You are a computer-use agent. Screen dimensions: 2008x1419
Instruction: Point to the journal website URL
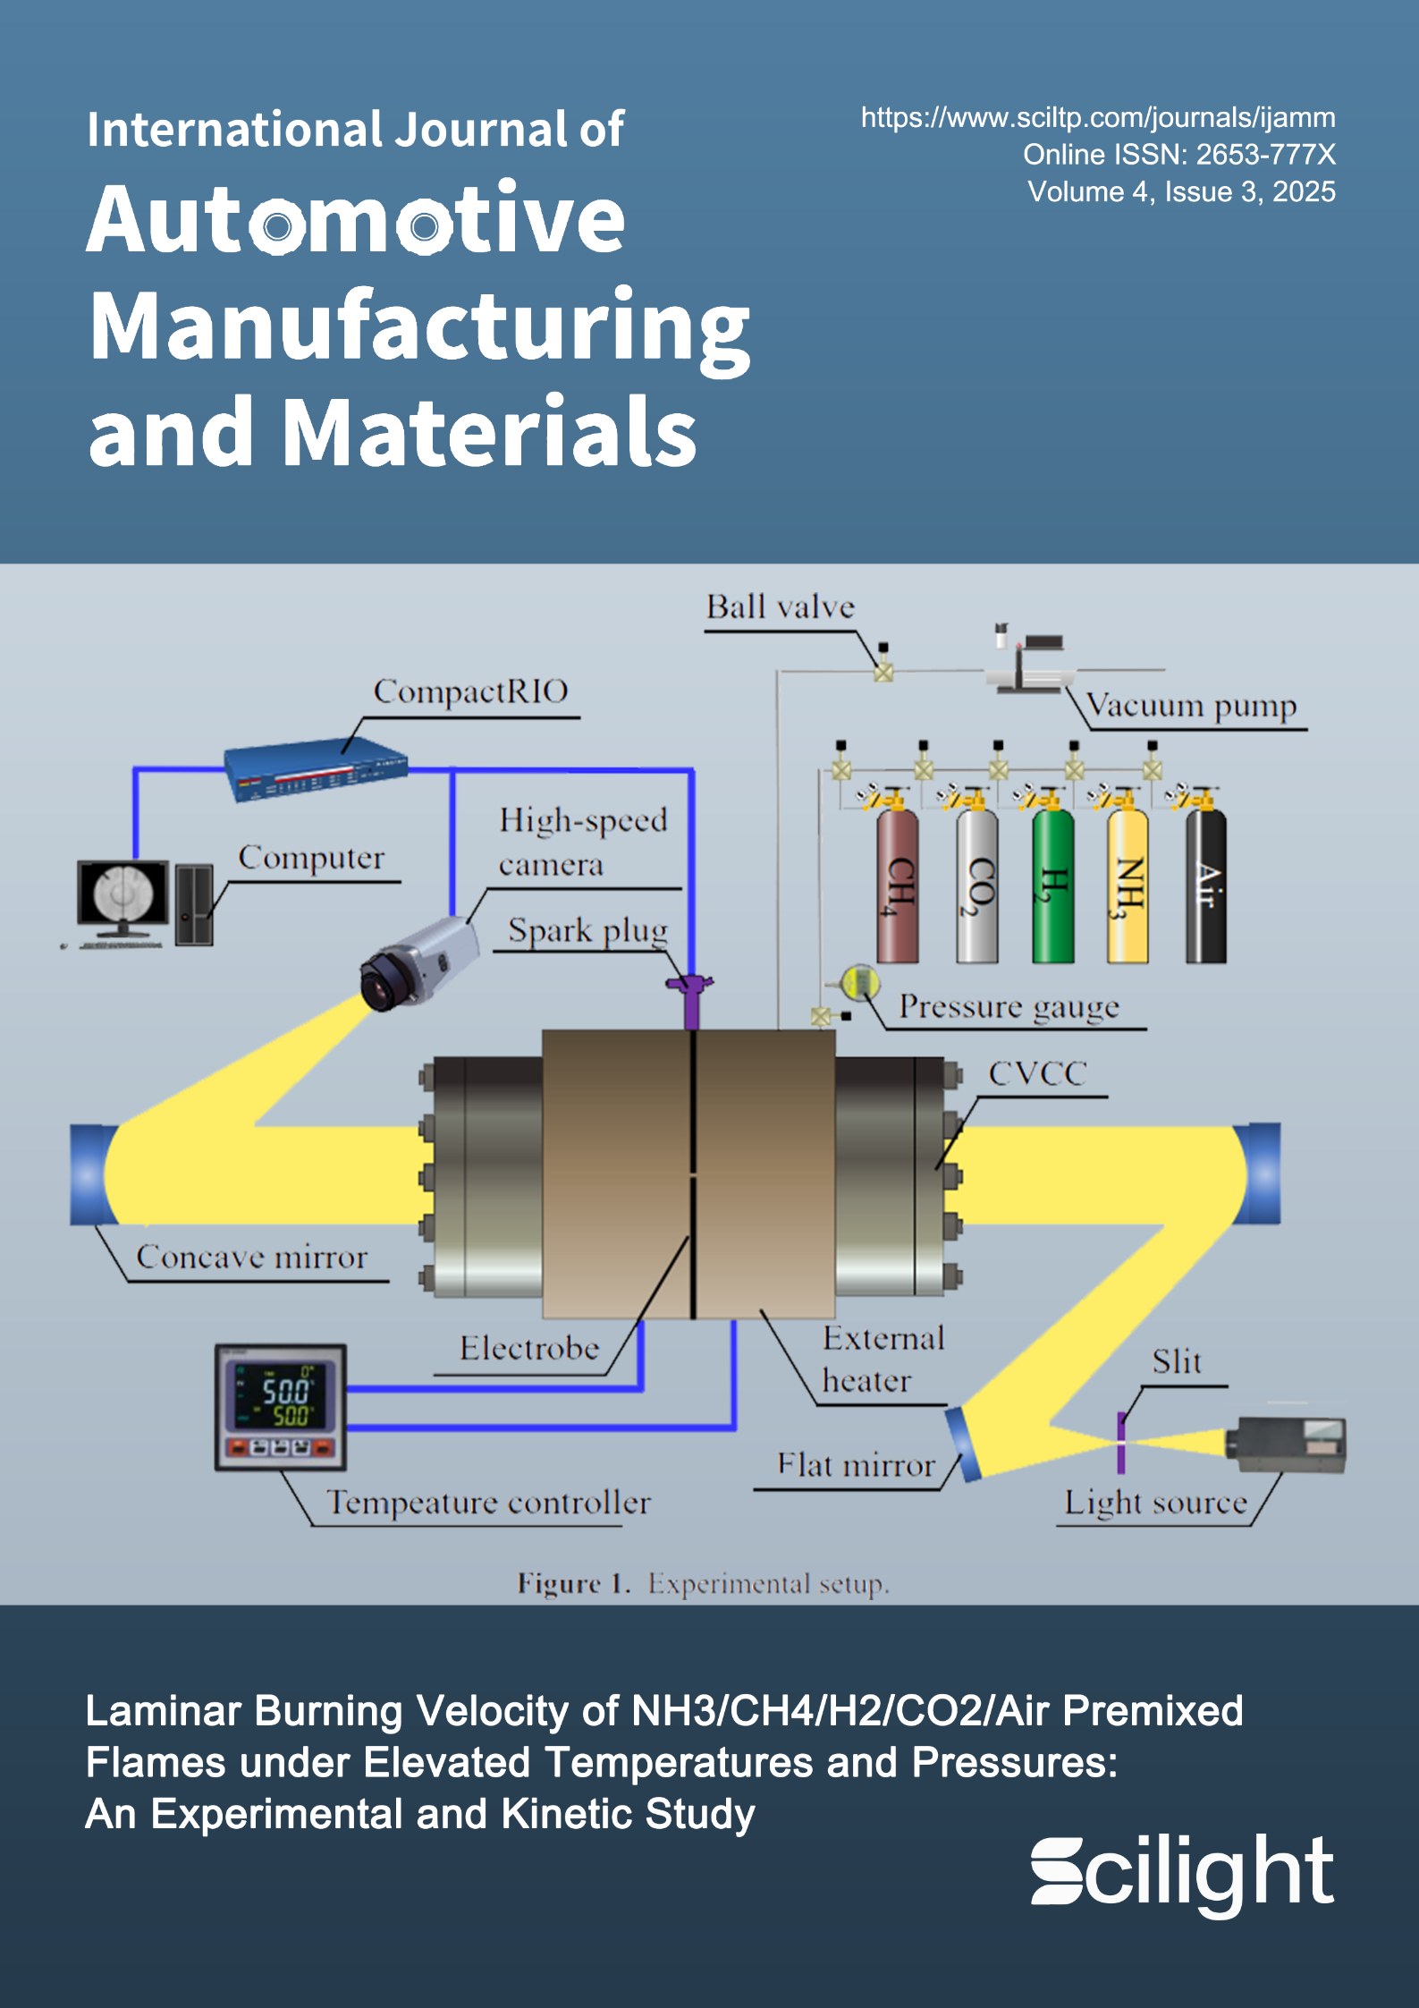point(1097,117)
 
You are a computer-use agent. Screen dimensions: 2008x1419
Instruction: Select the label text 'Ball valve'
point(780,607)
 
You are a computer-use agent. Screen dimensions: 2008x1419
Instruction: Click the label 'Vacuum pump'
point(1191,706)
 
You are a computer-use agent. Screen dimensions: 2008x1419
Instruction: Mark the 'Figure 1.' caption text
point(572,1584)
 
